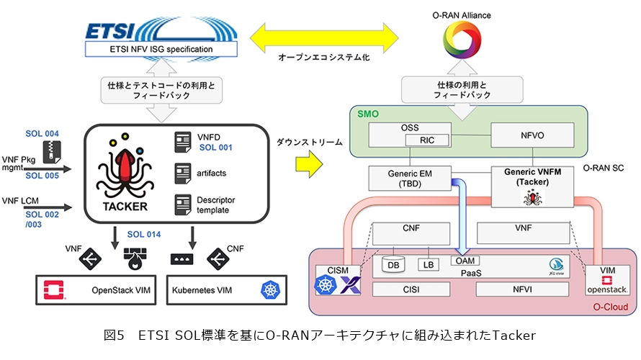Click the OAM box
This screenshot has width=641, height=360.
[x=466, y=260]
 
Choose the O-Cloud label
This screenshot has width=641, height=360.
[x=609, y=307]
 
